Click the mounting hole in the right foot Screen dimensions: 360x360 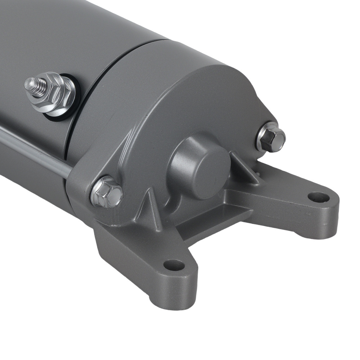coord(319,197)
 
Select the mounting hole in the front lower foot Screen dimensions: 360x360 coord(174,265)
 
